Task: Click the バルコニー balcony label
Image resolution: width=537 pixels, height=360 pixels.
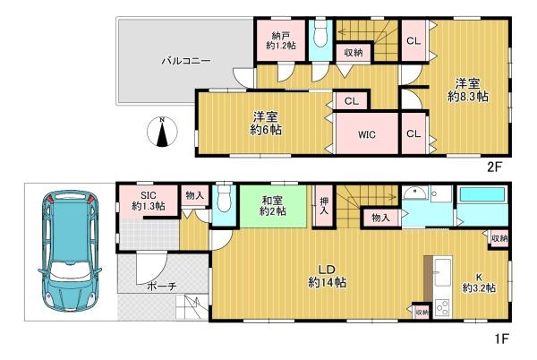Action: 186,61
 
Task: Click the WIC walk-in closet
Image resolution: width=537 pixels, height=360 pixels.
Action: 365,135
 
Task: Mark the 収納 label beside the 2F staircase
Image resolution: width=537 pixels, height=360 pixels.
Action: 353,53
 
